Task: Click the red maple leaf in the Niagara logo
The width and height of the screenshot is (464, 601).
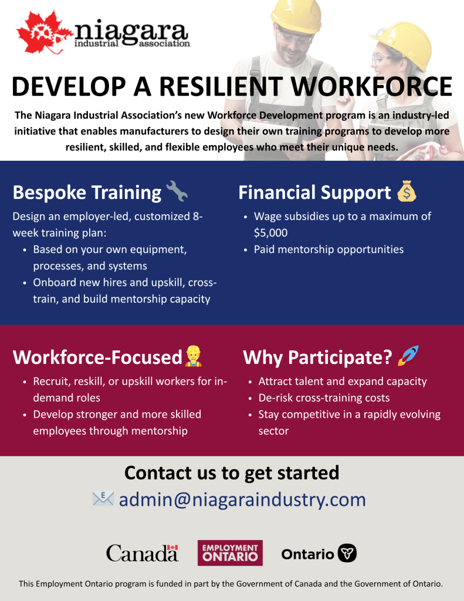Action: point(42,33)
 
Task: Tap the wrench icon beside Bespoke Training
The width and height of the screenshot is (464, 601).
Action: point(177,191)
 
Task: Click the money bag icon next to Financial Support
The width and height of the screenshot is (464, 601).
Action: point(407,191)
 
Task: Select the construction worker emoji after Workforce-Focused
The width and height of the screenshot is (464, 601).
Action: point(193,356)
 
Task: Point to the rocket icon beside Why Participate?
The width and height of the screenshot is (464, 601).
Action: point(408,356)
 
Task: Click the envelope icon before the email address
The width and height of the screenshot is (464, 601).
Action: point(103,498)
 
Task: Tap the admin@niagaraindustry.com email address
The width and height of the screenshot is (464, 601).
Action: point(242,499)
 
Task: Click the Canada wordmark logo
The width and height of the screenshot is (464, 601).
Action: point(142,553)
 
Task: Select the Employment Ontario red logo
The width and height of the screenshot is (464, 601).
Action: point(230,553)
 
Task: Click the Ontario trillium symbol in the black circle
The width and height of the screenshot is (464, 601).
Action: point(347,553)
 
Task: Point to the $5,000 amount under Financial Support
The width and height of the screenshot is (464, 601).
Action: point(270,232)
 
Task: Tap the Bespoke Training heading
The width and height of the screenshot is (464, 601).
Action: point(87,193)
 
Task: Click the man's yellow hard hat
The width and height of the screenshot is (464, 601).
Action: point(296,15)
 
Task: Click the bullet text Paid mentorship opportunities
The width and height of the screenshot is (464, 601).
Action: point(328,249)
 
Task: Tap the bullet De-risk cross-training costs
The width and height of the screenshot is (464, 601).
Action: point(324,398)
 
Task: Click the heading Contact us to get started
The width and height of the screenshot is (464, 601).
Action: point(232,473)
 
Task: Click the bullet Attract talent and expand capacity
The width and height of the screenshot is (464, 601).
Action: point(343,381)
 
